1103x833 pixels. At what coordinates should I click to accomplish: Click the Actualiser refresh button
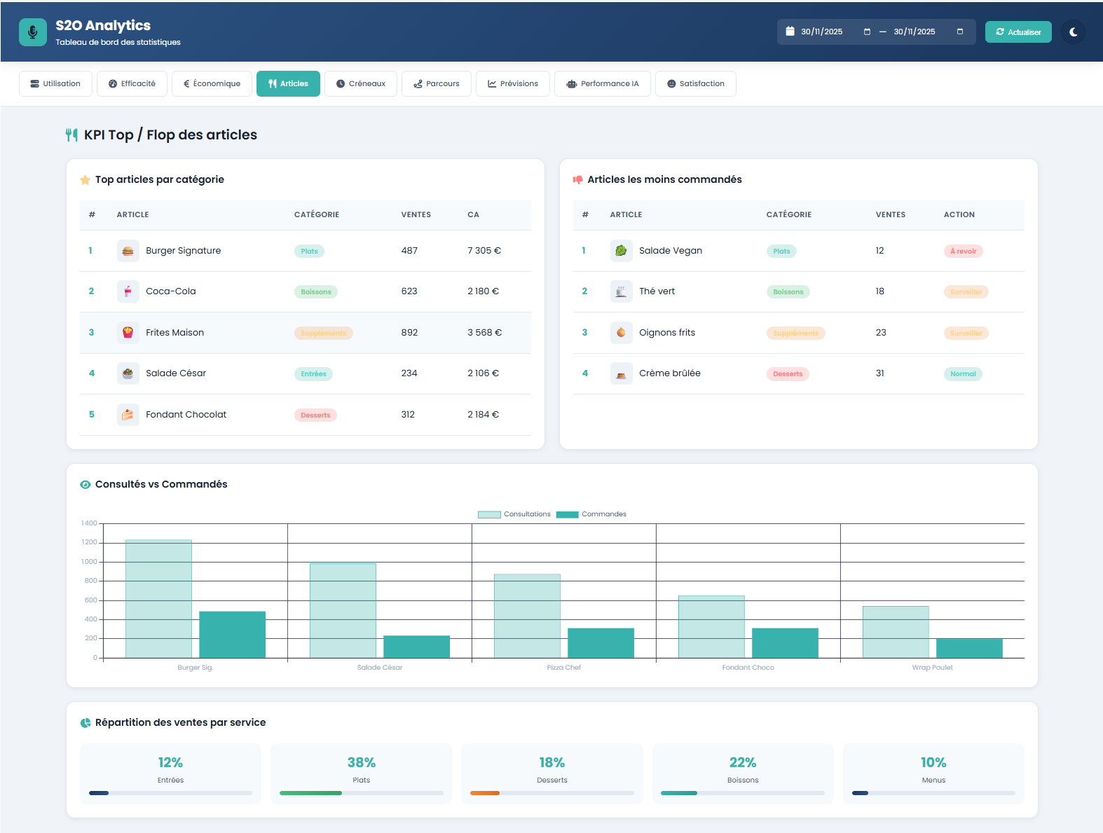pos(1018,32)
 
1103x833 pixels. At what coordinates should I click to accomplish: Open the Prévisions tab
pos(512,84)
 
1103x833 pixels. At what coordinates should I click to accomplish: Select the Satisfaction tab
pos(695,84)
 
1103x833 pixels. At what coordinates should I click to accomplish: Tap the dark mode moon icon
pos(1073,32)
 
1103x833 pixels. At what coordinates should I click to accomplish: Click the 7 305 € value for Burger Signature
pos(484,251)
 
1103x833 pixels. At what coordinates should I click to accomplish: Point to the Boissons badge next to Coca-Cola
pos(315,292)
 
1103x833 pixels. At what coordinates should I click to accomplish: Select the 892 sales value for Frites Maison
pos(409,333)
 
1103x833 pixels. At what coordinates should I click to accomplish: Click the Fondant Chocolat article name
pos(186,415)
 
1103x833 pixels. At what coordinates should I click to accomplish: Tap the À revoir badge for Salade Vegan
pos(963,252)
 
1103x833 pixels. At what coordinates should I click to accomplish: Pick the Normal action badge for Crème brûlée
pos(962,374)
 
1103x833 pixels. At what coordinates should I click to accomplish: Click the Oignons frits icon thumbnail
pos(621,333)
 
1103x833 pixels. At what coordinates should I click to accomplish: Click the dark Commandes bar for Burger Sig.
pos(232,635)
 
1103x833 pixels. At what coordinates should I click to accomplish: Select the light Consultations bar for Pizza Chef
pos(527,616)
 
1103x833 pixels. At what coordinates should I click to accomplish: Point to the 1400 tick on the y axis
pos(89,523)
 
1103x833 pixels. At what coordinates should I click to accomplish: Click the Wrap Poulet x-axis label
pos(932,668)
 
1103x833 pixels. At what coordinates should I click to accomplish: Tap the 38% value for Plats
pos(361,762)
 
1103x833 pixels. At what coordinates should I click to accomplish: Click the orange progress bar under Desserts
pos(485,793)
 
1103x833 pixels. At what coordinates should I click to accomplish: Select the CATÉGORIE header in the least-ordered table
pos(788,215)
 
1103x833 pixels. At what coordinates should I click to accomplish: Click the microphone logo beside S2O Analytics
pos(33,32)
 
